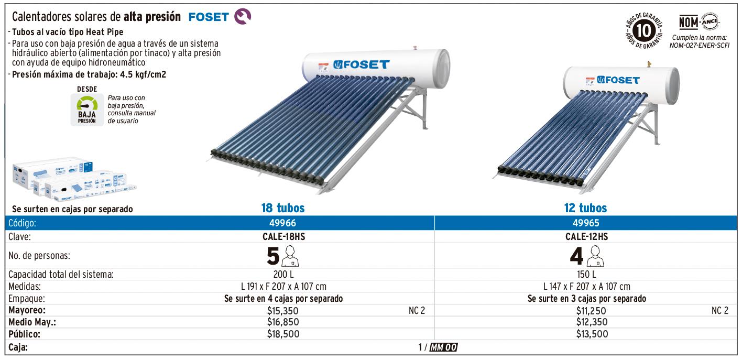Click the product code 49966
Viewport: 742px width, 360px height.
(282, 223)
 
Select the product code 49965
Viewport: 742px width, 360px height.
(586, 223)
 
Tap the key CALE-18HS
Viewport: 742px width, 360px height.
(284, 236)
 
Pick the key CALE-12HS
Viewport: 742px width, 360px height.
(587, 236)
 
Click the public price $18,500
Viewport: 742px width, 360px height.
(283, 334)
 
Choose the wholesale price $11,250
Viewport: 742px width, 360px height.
(591, 311)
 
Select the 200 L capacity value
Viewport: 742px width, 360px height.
(283, 274)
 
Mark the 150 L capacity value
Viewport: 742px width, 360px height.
(587, 274)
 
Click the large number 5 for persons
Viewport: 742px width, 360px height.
(274, 256)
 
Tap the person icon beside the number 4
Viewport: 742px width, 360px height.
(595, 256)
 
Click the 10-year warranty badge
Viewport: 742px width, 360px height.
(644, 31)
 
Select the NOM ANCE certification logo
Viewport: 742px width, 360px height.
(699, 23)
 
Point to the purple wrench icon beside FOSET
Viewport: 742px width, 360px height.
(243, 16)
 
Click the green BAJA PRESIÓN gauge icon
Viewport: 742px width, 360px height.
(87, 110)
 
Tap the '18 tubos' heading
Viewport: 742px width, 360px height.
(283, 208)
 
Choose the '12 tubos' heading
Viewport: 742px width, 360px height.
(586, 208)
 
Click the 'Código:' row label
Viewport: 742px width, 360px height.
(22, 223)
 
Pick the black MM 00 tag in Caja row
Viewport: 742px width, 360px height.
(443, 347)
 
